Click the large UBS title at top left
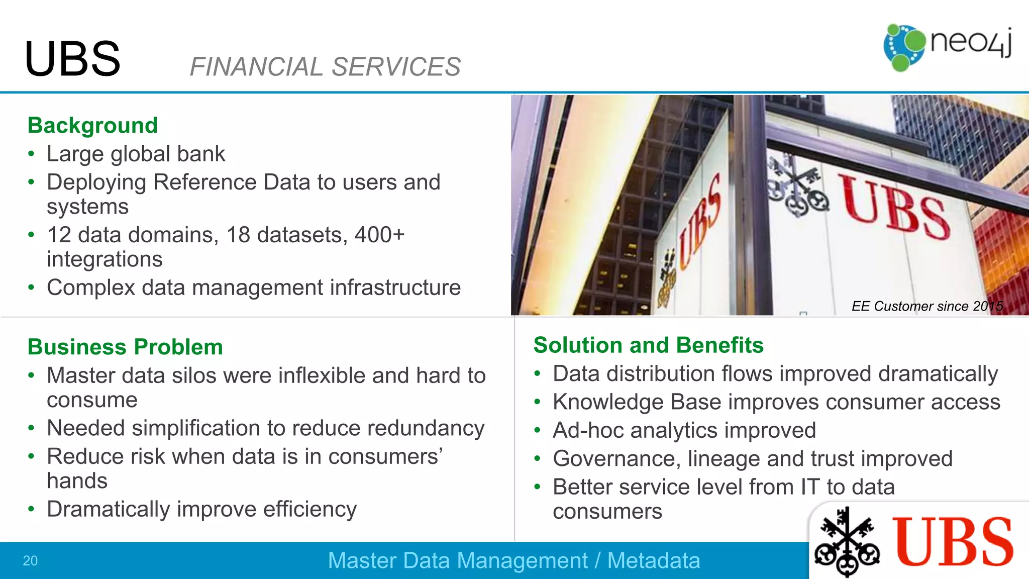point(72,59)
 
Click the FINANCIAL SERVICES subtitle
point(325,67)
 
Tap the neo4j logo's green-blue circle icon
point(903,47)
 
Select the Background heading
point(92,125)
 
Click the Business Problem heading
point(125,347)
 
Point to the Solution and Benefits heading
point(648,345)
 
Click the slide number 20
point(30,560)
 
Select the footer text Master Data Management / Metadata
point(513,560)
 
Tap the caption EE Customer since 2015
point(927,306)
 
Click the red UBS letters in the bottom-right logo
point(953,542)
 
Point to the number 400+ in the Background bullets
point(379,235)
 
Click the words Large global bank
point(136,154)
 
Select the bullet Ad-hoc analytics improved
point(684,430)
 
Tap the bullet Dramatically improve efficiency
point(201,509)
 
